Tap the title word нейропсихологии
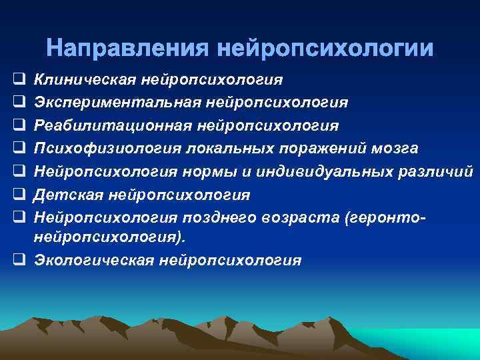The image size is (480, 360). pos(325,49)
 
